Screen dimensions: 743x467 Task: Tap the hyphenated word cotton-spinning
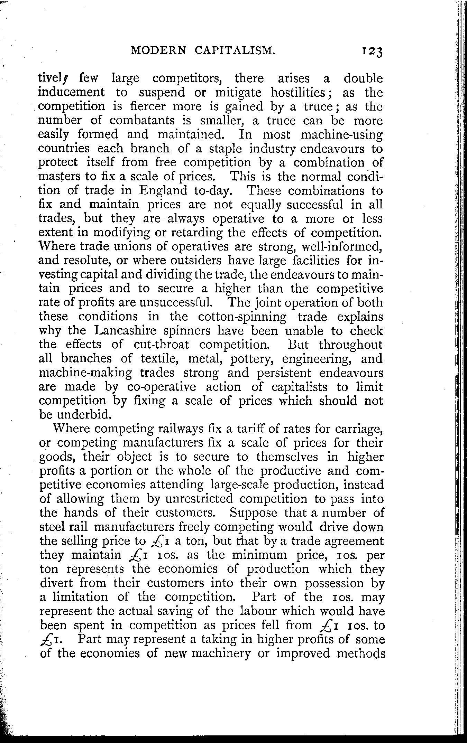(242, 317)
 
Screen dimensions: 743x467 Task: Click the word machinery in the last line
(220, 653)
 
